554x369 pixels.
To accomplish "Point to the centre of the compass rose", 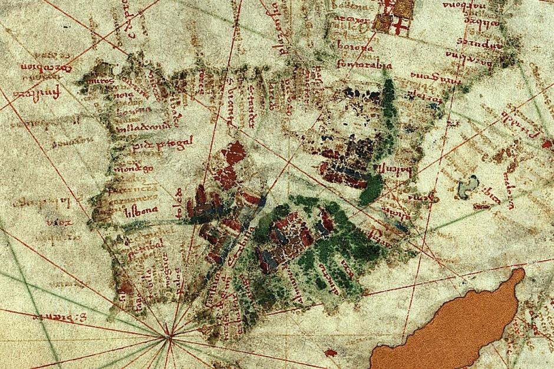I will pos(170,338).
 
